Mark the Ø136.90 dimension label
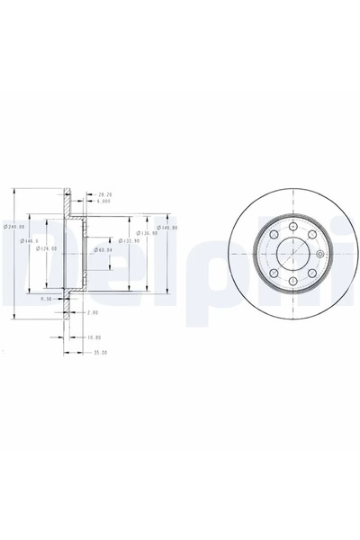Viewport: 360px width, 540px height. (x=146, y=234)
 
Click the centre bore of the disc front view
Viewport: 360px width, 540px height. (x=293, y=252)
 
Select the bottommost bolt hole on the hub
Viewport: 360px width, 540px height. (x=293, y=281)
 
